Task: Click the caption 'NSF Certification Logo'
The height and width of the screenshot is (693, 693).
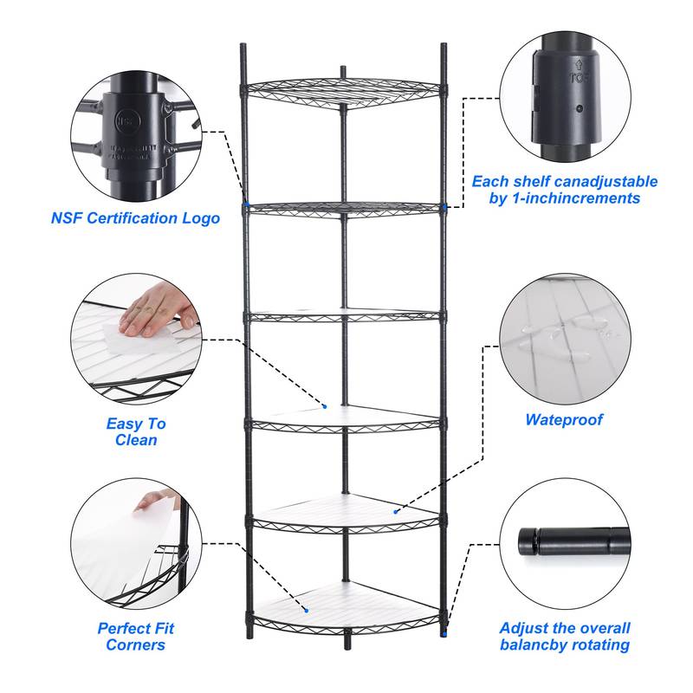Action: (x=135, y=218)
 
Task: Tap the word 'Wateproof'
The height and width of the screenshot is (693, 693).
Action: (x=564, y=420)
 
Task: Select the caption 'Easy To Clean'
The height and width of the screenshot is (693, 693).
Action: (x=136, y=431)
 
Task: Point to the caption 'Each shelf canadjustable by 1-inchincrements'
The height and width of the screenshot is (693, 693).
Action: (x=564, y=190)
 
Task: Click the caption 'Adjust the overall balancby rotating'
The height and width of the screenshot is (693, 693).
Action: (x=565, y=636)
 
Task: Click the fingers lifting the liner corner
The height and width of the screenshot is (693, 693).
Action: (x=157, y=500)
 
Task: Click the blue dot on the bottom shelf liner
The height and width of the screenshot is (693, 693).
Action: (x=305, y=611)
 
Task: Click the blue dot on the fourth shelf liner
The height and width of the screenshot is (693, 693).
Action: (x=324, y=405)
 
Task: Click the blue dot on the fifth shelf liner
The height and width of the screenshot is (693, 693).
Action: (x=395, y=512)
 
